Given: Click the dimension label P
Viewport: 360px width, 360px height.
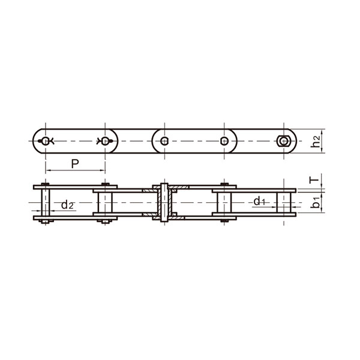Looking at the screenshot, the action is point(75,164).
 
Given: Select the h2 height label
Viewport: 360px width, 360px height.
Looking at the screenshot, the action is point(316,141).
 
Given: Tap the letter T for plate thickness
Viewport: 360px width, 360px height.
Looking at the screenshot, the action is point(315,179).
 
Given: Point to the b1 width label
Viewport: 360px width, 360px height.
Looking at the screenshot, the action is point(316,203).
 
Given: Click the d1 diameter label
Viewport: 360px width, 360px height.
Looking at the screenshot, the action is point(259,202).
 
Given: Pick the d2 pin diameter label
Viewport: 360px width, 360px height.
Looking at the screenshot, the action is point(67,205).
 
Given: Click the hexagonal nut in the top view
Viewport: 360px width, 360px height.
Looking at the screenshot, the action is point(284,141).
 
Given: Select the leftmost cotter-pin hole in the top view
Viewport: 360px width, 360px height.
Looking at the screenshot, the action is point(46,141).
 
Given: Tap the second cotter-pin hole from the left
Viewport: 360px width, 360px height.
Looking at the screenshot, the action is point(105,141).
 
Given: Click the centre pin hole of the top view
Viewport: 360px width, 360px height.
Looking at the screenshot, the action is point(164,141).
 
